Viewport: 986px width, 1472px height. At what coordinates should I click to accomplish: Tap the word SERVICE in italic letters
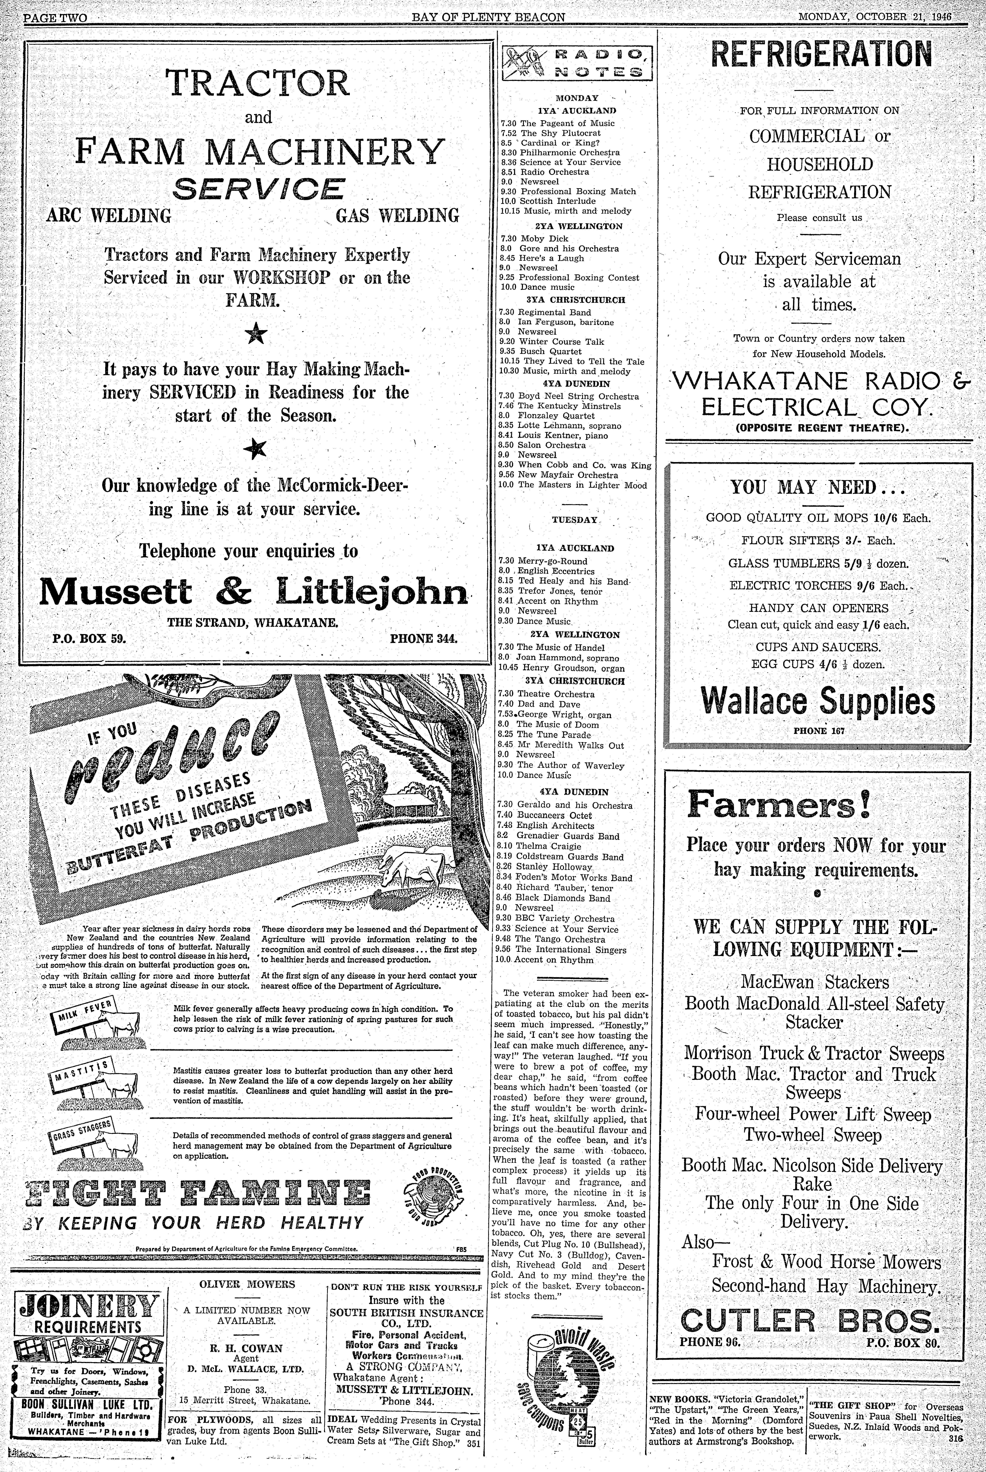[x=258, y=189]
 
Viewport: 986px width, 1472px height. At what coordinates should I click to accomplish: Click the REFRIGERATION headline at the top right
[x=821, y=55]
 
